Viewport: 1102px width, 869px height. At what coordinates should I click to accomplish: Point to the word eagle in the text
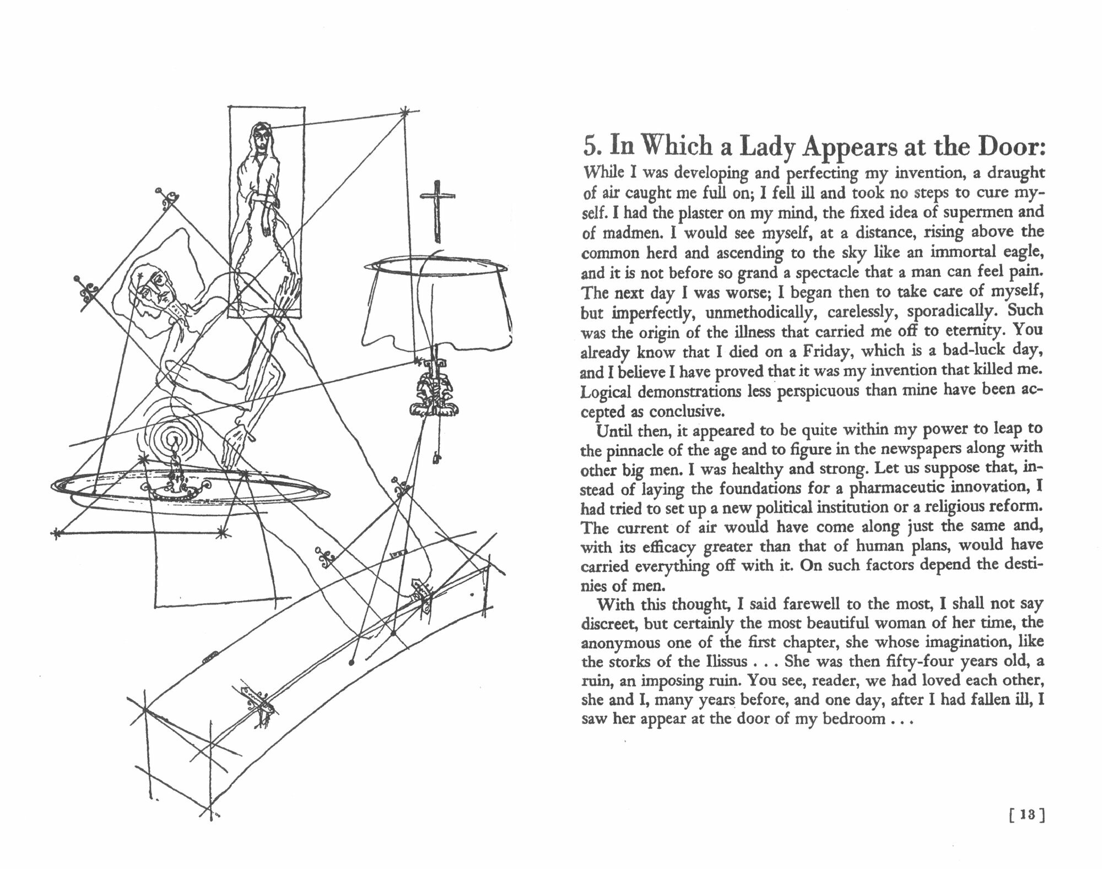pos(1022,253)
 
